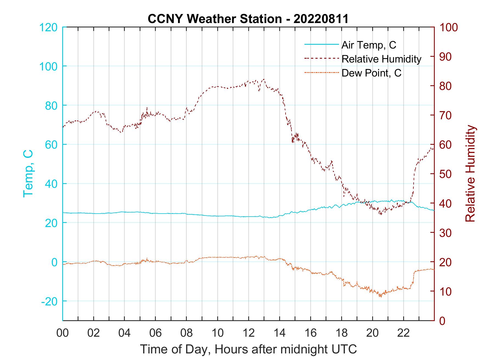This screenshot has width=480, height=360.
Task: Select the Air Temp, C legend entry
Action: pos(369,45)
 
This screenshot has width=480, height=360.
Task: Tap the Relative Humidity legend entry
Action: pos(381,59)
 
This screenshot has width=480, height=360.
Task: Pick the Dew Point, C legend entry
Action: pos(371,73)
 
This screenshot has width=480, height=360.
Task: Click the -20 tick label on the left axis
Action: pos(49,301)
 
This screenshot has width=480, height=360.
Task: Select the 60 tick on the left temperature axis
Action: pos(51,144)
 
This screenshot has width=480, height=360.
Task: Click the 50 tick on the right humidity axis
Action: pos(445,174)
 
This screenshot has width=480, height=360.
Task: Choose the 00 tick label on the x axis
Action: pos(63,333)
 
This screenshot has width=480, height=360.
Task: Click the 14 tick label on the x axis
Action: pos(279,333)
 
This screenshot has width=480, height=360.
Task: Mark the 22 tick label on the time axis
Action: pos(403,333)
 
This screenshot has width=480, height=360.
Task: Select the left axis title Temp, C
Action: pos(28,174)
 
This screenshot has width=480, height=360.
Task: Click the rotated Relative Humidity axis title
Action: pos(470,174)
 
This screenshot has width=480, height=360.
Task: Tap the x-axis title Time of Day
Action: pos(249,350)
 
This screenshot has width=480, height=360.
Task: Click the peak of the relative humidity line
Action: pos(264,79)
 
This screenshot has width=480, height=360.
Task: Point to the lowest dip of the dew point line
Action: pos(381,297)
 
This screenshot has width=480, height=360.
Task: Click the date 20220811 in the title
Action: pos(321,19)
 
